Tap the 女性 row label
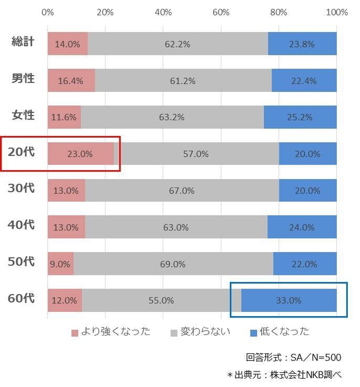click(x=23, y=115)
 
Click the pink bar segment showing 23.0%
click(x=81, y=154)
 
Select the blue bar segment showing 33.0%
click(x=289, y=300)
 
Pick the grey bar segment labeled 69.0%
click(x=173, y=264)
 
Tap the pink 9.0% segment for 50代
click(x=60, y=264)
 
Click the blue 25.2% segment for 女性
click(x=300, y=117)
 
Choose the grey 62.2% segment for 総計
click(x=177, y=44)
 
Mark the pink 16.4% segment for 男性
click(x=71, y=81)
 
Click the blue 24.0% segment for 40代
click(x=301, y=227)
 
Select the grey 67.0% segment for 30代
click(x=182, y=191)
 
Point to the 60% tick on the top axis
click(x=221, y=12)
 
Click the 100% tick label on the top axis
click(x=336, y=12)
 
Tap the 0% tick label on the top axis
click(x=48, y=12)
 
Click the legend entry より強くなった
click(x=111, y=332)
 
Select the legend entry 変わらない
click(x=200, y=332)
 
